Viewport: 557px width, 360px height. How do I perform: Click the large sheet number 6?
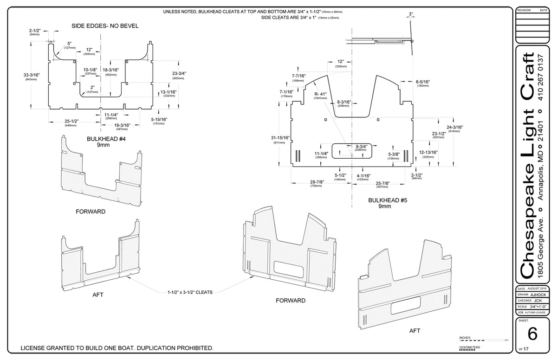(x=532, y=334)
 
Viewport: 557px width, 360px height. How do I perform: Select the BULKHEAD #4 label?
(x=103, y=139)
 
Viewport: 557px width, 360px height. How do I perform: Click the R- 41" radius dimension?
(x=320, y=94)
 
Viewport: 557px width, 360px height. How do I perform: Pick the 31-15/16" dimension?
(x=279, y=138)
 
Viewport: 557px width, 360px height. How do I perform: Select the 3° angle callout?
(x=411, y=14)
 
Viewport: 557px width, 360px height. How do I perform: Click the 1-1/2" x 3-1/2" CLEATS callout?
(x=190, y=293)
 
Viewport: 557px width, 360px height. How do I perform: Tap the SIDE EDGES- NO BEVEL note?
(x=104, y=26)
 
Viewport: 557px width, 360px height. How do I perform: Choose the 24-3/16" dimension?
(x=454, y=127)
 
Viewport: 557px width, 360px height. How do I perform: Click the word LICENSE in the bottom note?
(x=37, y=348)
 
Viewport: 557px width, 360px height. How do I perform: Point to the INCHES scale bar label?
(x=465, y=337)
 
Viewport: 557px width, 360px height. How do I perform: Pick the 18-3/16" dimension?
(x=110, y=70)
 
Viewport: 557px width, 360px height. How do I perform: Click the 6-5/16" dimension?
(x=422, y=82)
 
